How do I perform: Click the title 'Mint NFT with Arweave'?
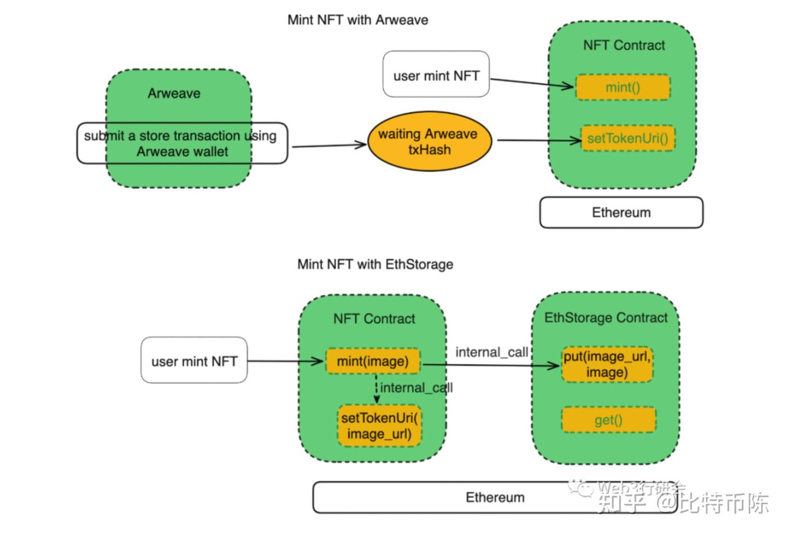point(358,20)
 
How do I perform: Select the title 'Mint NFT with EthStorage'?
point(375,264)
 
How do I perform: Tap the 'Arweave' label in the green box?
point(174,94)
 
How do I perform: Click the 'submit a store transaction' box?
point(182,143)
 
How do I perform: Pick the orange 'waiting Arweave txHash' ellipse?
point(429,142)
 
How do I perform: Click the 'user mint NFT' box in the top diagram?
point(436,75)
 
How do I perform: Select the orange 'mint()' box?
point(622,88)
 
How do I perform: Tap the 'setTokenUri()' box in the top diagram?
point(627,139)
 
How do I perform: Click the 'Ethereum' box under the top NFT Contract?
point(621,212)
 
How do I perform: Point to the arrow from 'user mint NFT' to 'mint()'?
point(531,83)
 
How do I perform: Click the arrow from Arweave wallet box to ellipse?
point(329,146)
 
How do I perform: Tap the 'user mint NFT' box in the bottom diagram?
point(194,361)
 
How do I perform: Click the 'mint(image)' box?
point(373,361)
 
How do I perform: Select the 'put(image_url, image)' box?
point(607,365)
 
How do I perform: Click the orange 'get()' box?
point(608,421)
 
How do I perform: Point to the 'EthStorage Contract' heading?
point(605,318)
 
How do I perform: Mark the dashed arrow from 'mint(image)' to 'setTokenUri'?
point(376,389)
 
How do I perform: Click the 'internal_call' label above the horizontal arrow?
point(491,352)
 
